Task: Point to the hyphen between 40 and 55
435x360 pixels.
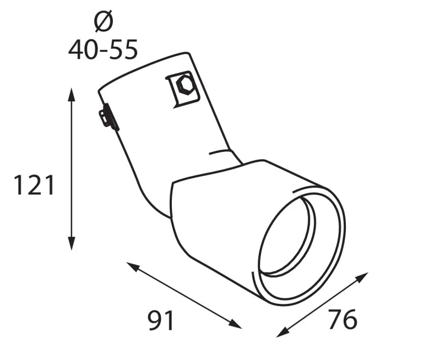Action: [x=103, y=51]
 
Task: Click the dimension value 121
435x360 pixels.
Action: [x=34, y=186]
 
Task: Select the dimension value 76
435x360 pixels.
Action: [x=342, y=319]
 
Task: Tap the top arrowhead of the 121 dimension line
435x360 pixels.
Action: [x=71, y=92]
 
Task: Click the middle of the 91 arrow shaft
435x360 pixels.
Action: [x=184, y=295]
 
